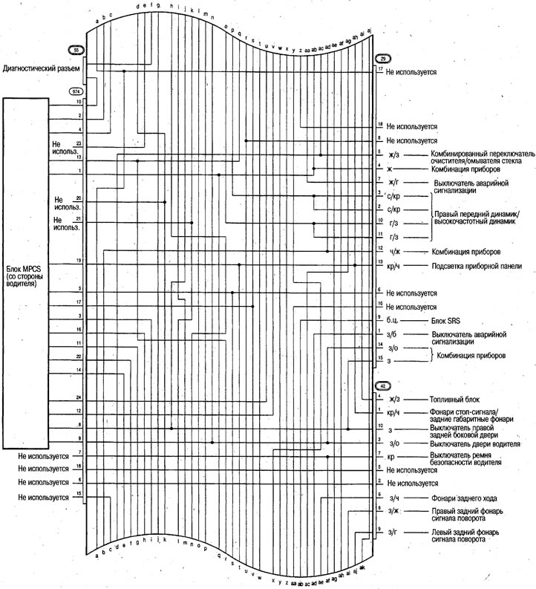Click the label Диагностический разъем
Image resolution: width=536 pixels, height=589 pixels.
click(42, 68)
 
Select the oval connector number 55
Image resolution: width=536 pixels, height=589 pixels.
click(76, 50)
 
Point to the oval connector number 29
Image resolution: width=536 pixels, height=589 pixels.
click(383, 58)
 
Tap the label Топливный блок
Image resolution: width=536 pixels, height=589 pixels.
click(452, 400)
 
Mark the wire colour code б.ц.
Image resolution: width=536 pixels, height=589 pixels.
click(393, 322)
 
